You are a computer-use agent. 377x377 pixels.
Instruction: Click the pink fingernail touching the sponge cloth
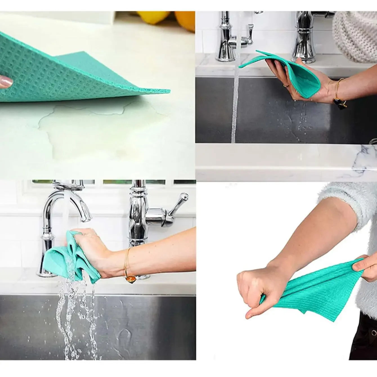tap(6, 82)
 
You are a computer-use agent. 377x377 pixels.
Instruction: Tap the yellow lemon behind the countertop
tap(154, 17)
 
